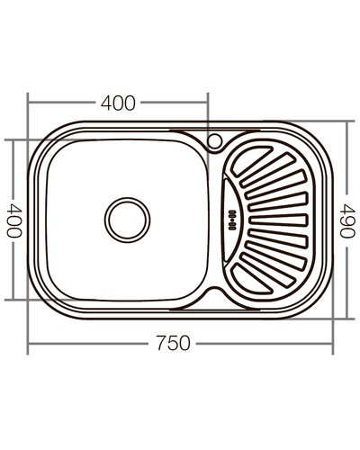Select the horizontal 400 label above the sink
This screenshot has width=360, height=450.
click(x=118, y=103)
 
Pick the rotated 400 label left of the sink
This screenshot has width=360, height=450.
click(x=13, y=220)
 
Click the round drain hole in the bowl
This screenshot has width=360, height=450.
click(x=126, y=219)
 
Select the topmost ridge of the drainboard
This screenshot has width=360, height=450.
click(x=261, y=150)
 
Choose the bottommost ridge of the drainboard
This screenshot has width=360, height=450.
click(x=261, y=287)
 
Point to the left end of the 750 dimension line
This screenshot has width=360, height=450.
click(x=27, y=343)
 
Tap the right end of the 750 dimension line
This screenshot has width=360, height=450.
click(x=333, y=343)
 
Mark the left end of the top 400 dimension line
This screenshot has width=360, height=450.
click(x=27, y=103)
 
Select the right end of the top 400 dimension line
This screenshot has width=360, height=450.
click(x=208, y=103)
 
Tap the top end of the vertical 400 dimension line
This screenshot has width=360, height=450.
click(x=13, y=140)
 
